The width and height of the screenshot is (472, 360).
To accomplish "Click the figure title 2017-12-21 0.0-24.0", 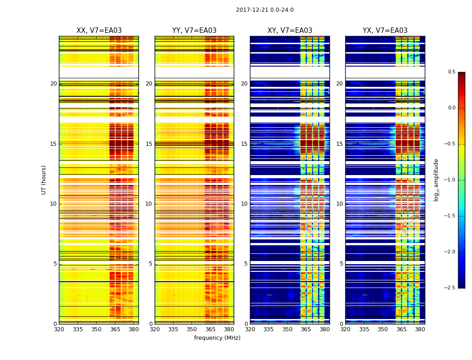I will [x=265, y=10].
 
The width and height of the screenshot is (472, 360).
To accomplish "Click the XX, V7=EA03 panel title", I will [x=99, y=31].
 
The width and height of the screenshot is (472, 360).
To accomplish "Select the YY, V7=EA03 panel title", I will [x=194, y=31].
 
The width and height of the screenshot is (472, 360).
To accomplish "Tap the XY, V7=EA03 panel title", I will [x=290, y=31].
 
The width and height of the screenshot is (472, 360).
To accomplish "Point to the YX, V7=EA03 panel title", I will [x=385, y=31].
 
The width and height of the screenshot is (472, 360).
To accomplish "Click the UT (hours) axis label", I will [x=44, y=180].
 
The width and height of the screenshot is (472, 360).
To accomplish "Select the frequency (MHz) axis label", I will [x=217, y=338].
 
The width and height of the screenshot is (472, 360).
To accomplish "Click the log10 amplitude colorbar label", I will [x=436, y=180].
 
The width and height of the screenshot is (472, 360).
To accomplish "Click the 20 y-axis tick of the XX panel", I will [x=53, y=84].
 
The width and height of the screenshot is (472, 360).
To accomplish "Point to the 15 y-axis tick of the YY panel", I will [x=149, y=144].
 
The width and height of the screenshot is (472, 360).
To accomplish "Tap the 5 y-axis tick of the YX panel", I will [x=341, y=264].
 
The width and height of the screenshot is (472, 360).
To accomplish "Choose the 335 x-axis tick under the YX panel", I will [x=364, y=329].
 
